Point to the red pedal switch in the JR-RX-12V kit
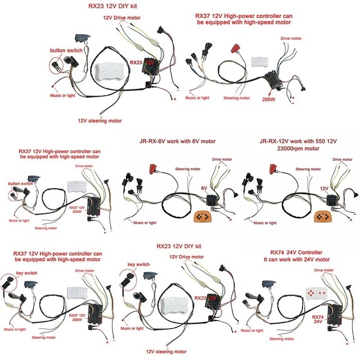coord(275,168)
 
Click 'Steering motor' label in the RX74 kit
coord(282,339)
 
